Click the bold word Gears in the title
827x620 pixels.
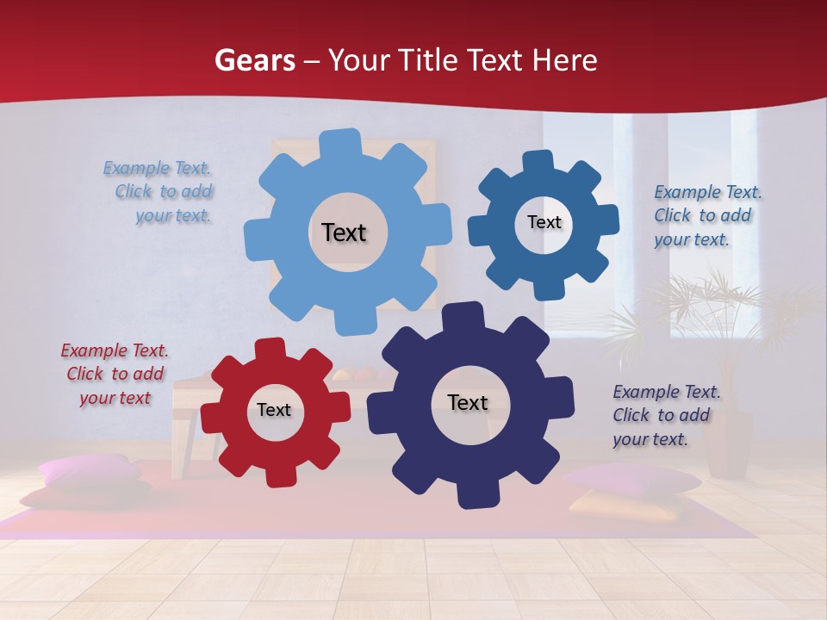[254, 60]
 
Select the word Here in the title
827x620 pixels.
[564, 60]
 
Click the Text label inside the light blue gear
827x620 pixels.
[344, 232]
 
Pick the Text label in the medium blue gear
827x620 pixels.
[544, 222]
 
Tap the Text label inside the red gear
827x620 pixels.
[274, 410]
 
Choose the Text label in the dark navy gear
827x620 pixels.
[468, 402]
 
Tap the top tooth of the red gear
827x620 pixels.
[270, 348]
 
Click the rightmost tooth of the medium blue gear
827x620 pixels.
[607, 220]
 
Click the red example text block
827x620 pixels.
[115, 374]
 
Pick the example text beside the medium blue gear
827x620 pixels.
[706, 215]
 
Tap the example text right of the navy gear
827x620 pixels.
[666, 415]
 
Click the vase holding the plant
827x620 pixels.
[728, 443]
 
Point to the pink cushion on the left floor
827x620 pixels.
[89, 470]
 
